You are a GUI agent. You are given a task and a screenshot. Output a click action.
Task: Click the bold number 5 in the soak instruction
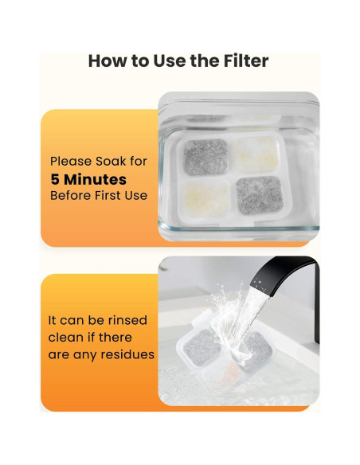coord(55,179)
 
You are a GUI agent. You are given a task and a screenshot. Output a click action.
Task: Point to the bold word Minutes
coord(96,179)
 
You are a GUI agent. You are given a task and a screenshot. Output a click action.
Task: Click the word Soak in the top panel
coord(109,162)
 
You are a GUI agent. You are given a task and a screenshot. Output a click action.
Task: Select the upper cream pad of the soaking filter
coord(256,151)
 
